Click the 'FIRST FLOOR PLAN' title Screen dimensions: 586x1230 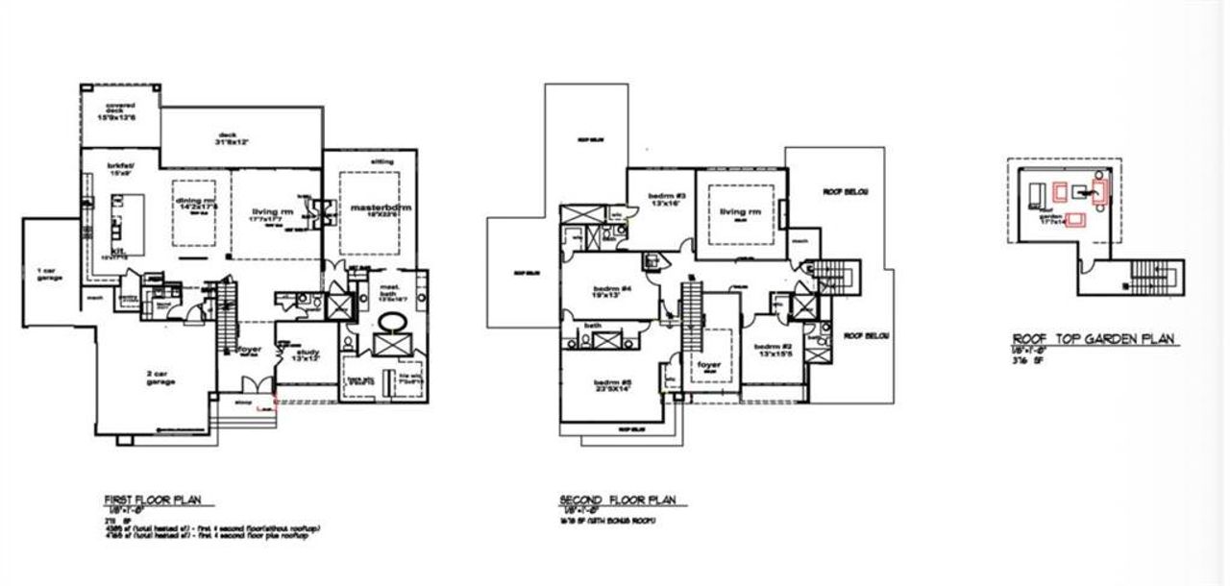tap(159, 501)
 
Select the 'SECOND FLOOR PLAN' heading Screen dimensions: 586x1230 tap(618, 501)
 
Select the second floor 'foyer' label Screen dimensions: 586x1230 tap(709, 366)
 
